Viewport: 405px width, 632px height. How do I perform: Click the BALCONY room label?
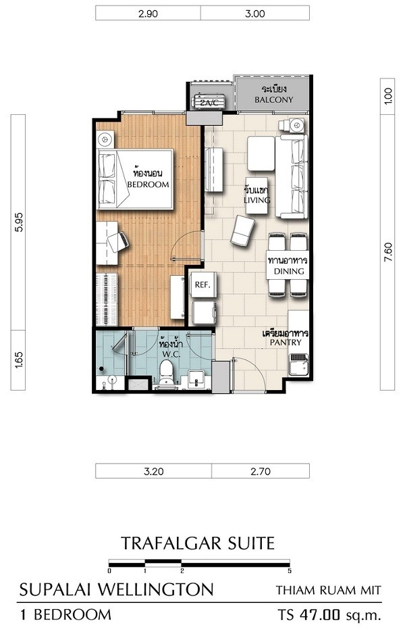pos(274,99)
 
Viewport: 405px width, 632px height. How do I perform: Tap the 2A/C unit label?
pos(209,103)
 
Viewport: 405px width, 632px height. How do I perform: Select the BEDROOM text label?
pos(148,185)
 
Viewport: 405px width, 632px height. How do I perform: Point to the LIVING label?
pos(257,200)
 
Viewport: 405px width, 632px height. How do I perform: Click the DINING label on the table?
pos(289,271)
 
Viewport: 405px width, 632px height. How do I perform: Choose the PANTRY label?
pos(286,342)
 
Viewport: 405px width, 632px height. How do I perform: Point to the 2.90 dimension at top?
pos(148,14)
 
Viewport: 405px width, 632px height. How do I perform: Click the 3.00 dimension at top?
pos(255,14)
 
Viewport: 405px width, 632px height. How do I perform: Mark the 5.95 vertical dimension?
pos(18,222)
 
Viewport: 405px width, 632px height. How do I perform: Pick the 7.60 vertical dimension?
pos(387,254)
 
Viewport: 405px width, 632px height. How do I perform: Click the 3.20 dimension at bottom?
pos(154,471)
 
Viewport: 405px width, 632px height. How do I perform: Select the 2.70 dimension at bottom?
pos(261,471)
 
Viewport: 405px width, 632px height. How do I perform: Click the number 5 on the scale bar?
pos(290,570)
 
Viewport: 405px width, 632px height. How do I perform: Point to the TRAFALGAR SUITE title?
pos(198,543)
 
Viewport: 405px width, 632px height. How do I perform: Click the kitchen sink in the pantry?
pos(298,364)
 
